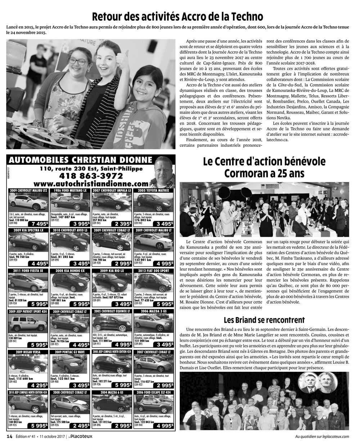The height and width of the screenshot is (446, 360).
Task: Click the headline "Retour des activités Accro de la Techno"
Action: (177, 17)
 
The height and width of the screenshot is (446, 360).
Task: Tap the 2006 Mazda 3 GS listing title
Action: (154, 311)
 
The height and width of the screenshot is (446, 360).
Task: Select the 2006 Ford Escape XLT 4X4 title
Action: (154, 392)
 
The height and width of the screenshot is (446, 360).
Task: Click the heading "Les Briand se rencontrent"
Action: (264, 320)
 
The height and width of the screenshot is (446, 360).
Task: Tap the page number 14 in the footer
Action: (10, 437)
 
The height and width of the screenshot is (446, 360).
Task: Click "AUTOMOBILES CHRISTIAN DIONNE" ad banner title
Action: (81, 160)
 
